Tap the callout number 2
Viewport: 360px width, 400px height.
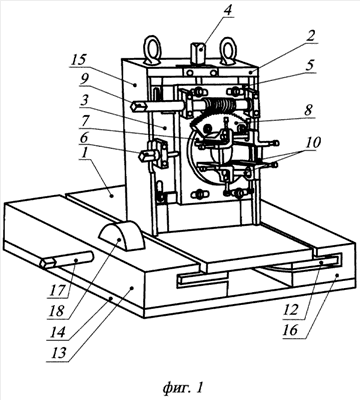tap(310, 36)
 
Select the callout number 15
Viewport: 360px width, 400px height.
tap(78, 60)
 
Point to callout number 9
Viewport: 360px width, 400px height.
tap(85, 79)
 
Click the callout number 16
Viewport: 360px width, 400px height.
tap(291, 330)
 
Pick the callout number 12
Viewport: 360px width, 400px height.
tap(291, 310)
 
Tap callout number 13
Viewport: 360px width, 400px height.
tap(59, 353)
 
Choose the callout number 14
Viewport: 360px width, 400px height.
tap(56, 332)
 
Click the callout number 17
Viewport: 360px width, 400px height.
tap(57, 290)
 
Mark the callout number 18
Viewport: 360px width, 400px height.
tap(56, 311)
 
